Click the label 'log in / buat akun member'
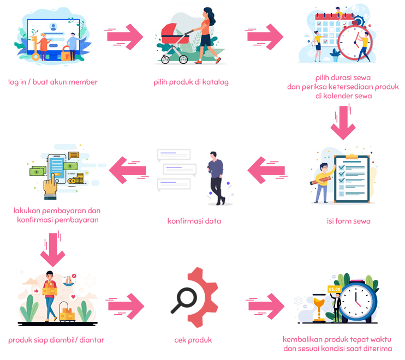click(x=53, y=82)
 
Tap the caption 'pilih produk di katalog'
click(x=191, y=82)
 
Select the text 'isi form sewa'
click(x=345, y=221)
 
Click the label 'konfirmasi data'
click(x=194, y=221)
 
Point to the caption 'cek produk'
click(x=193, y=340)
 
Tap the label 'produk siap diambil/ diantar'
click(x=56, y=340)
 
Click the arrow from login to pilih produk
click(x=124, y=37)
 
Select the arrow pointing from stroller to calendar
click(x=265, y=37)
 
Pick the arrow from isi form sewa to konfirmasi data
click(x=266, y=170)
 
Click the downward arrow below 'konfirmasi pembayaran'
click(x=52, y=249)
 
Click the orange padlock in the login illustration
click(x=65, y=53)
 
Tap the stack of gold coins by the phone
click(x=80, y=178)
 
